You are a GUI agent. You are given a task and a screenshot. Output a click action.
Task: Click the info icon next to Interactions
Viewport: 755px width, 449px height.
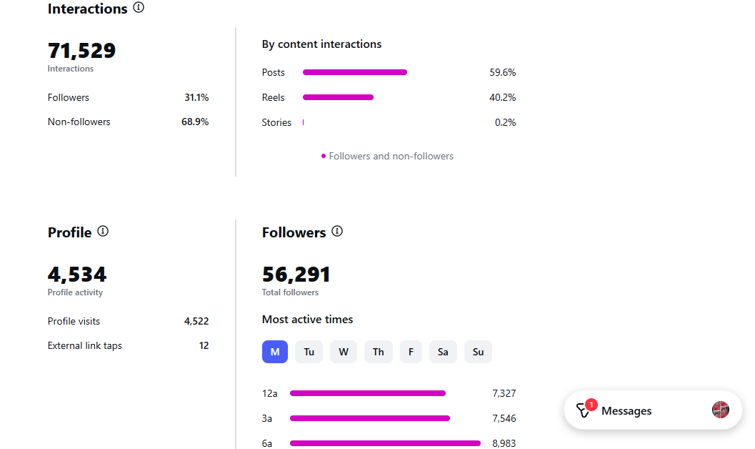click(x=139, y=8)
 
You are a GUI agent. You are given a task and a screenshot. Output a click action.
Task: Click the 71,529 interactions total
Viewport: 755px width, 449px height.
click(x=81, y=51)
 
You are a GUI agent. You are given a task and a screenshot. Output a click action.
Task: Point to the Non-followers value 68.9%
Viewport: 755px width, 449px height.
click(x=195, y=122)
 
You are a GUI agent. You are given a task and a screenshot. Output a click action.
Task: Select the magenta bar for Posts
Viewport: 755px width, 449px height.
click(x=355, y=72)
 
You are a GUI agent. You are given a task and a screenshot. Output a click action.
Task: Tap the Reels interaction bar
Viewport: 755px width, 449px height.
click(x=338, y=97)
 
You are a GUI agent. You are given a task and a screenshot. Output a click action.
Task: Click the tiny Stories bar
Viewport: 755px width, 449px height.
click(x=304, y=122)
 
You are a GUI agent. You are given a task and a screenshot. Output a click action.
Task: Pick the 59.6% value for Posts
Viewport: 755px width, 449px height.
click(x=502, y=72)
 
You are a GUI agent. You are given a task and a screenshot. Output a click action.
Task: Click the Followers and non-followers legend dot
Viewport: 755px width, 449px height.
click(x=324, y=156)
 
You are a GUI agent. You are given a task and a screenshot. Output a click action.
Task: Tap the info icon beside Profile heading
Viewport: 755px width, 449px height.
click(x=103, y=231)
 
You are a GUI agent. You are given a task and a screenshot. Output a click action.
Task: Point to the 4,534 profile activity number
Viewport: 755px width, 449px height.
click(x=77, y=275)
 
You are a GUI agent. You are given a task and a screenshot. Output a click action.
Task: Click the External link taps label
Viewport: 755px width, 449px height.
click(x=85, y=345)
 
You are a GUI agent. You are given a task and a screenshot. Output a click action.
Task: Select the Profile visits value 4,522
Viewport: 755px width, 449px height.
click(x=196, y=321)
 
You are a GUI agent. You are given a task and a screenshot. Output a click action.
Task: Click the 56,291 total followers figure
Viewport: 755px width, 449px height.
click(x=296, y=275)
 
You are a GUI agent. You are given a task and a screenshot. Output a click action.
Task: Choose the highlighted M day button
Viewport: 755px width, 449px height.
click(x=275, y=352)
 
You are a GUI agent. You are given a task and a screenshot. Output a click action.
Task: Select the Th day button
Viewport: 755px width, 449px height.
click(x=378, y=352)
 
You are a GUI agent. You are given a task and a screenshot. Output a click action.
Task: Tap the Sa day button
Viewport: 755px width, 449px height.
click(x=443, y=352)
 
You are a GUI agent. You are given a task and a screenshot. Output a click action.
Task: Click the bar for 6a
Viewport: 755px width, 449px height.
click(x=385, y=443)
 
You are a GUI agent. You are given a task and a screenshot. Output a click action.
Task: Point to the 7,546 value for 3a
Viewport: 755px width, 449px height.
click(x=504, y=418)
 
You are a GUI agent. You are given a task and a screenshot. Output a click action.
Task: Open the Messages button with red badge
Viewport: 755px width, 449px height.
click(x=625, y=410)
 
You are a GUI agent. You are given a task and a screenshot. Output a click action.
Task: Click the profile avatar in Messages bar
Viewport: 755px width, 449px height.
click(x=721, y=410)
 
